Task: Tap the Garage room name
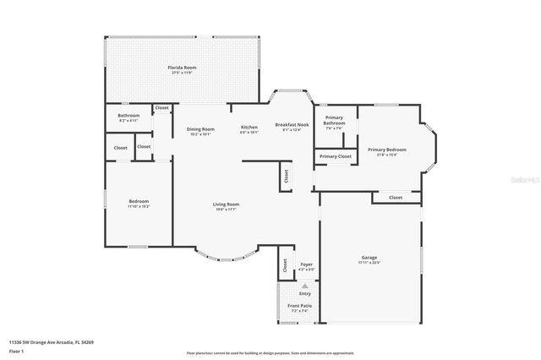coord(369,257)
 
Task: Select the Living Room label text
coord(226,204)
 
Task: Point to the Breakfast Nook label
coord(292,124)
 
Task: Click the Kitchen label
coord(249,127)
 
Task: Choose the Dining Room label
coord(200,128)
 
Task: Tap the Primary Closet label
coord(335,156)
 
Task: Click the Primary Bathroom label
coord(334,121)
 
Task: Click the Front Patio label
coord(300,305)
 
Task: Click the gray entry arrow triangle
coord(292,286)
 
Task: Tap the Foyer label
coord(306,265)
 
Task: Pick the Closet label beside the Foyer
coord(285,265)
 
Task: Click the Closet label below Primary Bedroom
coord(395,197)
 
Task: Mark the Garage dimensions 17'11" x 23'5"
coord(369,263)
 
